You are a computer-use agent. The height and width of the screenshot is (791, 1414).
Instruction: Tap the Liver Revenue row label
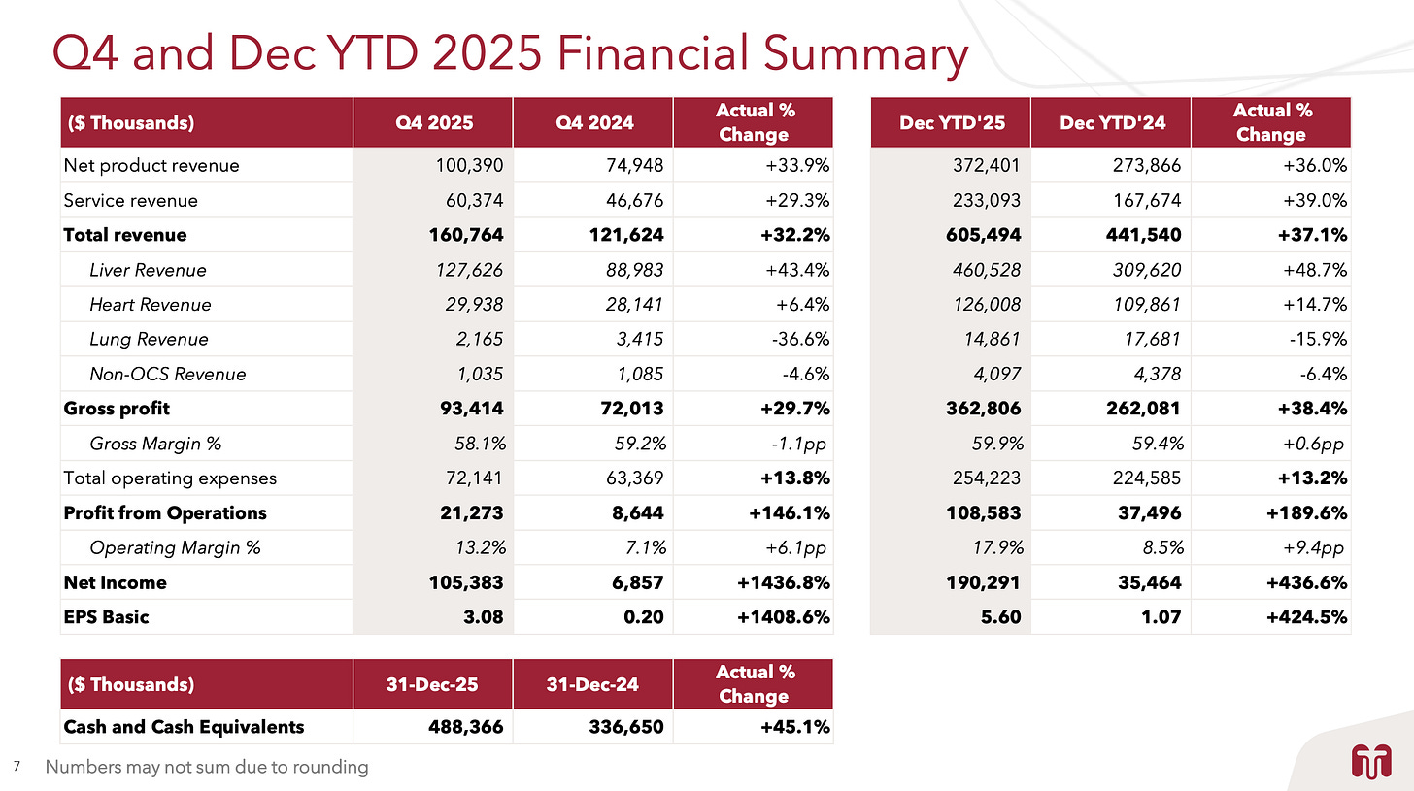(x=148, y=270)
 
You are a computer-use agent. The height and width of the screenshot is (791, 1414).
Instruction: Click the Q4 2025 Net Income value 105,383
(x=464, y=582)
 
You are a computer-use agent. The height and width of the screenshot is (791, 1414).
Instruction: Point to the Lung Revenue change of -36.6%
(x=802, y=339)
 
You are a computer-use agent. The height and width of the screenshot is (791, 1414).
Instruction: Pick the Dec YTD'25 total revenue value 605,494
(x=981, y=235)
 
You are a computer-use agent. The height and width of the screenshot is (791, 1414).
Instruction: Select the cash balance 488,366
(x=464, y=727)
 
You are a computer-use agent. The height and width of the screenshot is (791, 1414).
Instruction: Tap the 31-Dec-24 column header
(x=592, y=684)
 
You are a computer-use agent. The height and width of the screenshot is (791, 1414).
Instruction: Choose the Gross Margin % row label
(x=155, y=444)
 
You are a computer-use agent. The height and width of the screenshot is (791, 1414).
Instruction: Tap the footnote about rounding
(x=207, y=767)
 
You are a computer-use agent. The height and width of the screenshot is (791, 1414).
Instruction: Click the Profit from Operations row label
(x=164, y=512)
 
